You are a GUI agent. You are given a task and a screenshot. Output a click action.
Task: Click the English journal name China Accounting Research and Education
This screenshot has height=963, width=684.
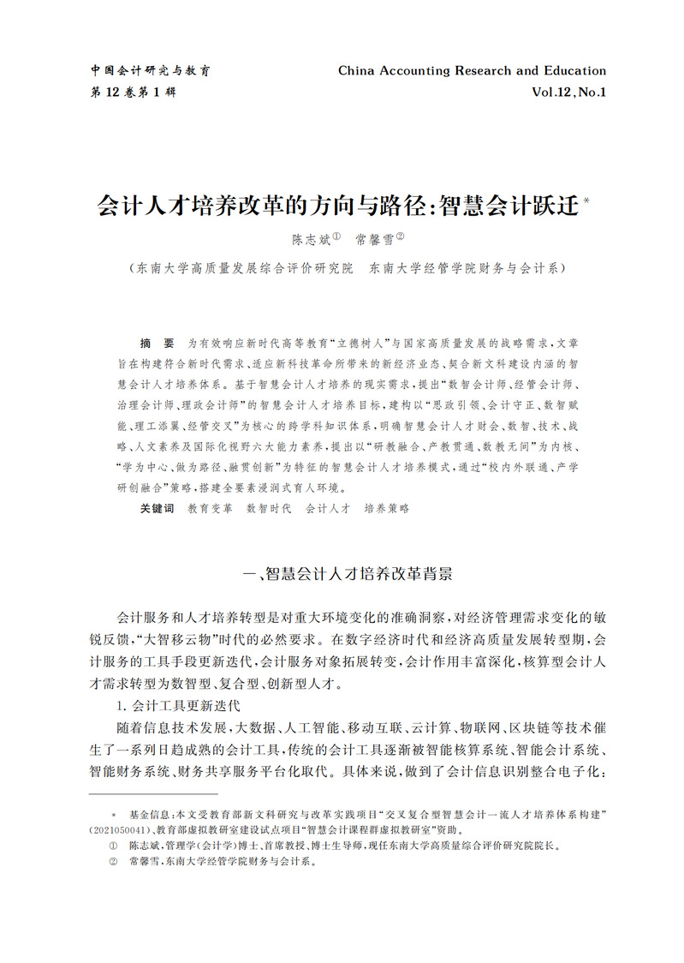coord(472,71)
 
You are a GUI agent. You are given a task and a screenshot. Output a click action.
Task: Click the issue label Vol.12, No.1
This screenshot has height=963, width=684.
coord(568,92)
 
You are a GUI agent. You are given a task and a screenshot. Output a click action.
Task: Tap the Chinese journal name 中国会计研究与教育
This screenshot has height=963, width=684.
coord(151,71)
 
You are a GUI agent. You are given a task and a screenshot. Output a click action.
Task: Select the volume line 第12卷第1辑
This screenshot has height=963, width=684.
coord(133,92)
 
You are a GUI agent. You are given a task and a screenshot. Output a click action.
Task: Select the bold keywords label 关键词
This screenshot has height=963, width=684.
coord(157,508)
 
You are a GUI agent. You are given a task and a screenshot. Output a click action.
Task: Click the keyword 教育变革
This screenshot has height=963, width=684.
coord(210,508)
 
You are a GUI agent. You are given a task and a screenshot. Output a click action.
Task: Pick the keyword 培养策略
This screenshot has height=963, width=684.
coord(386,508)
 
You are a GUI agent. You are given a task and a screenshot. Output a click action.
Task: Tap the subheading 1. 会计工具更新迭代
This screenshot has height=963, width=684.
coord(178,706)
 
